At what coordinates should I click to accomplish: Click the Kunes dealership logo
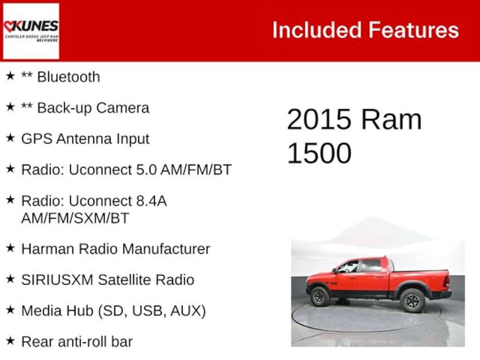click(x=31, y=31)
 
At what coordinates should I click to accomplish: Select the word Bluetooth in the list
click(x=68, y=77)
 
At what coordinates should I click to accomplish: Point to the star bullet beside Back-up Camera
click(x=10, y=107)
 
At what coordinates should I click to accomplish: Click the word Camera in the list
click(x=122, y=108)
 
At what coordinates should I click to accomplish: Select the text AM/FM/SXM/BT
click(x=75, y=218)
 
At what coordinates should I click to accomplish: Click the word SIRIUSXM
click(x=58, y=280)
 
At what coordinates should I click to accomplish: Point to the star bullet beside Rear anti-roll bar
click(x=10, y=341)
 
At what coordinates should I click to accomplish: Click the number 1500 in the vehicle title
click(x=319, y=153)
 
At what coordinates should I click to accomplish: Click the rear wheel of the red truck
click(x=412, y=300)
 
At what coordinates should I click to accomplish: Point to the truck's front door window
click(x=349, y=267)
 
